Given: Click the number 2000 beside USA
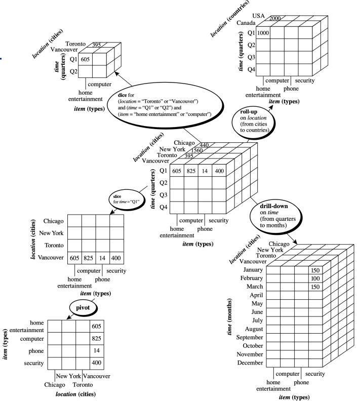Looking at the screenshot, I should click(275, 18).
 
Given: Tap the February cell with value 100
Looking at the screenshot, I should click(315, 279).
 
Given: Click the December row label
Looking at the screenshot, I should click(249, 363).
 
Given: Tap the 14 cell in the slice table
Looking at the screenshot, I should click(102, 257).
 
